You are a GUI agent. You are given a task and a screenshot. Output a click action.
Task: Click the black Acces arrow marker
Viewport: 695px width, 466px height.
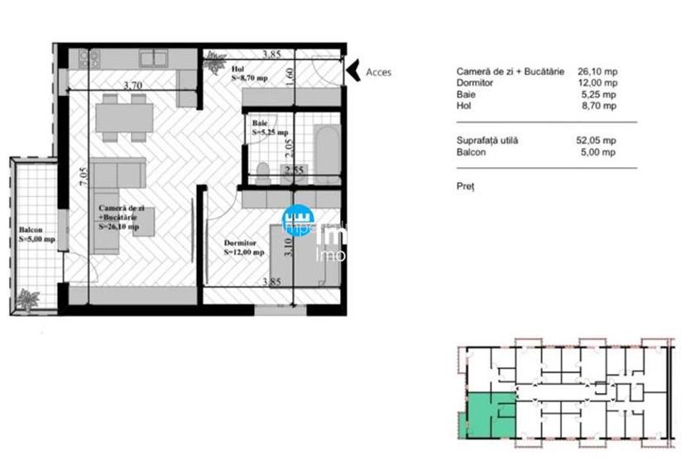[351, 71]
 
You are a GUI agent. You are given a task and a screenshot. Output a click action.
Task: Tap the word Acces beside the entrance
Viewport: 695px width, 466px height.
[379, 72]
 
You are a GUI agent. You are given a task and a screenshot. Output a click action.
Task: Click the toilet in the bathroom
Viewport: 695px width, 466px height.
[263, 172]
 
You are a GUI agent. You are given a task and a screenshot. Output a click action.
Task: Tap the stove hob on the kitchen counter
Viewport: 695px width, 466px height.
[89, 58]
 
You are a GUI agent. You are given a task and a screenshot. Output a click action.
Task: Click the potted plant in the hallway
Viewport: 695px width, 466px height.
[217, 60]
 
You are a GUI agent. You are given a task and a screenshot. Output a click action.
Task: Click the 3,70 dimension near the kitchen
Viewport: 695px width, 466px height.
[132, 84]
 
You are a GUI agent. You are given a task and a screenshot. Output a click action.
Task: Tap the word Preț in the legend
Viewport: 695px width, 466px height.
[465, 186]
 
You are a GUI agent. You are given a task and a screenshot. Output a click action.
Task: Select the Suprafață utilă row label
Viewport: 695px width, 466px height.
[487, 141]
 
